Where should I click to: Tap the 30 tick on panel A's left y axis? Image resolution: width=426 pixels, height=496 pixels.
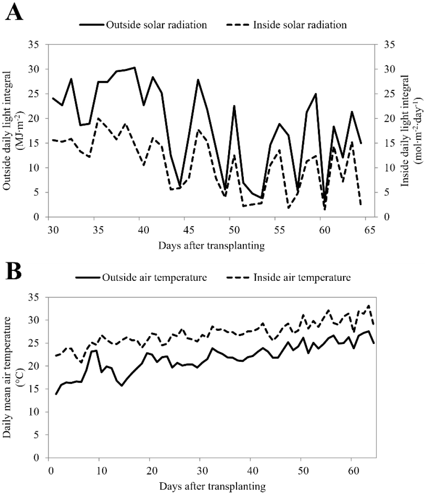pos(37,69)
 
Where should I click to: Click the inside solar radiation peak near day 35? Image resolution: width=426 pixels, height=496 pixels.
pos(98,118)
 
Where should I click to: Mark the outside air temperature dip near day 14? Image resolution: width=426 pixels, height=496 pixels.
pos(121,386)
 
